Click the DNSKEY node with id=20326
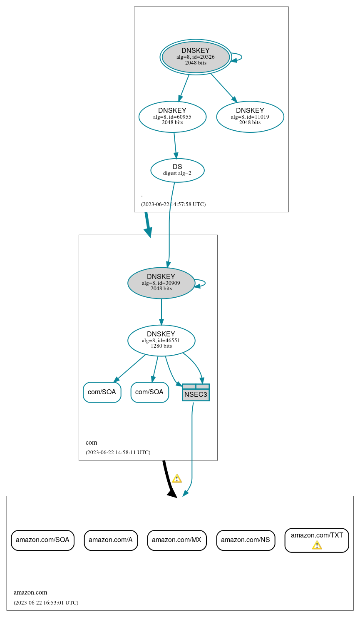pyautogui.click(x=196, y=57)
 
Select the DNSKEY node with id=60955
pyautogui.click(x=172, y=117)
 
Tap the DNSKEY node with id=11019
pyautogui.click(x=250, y=117)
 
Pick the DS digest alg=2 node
pyautogui.click(x=177, y=170)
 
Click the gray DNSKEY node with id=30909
pyautogui.click(x=161, y=283)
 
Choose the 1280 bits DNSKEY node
pyautogui.click(x=161, y=341)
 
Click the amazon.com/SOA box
pyautogui.click(x=42, y=540)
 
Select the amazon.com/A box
pyautogui.click(x=111, y=540)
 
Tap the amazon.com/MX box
pyautogui.click(x=177, y=540)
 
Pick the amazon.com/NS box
pyautogui.click(x=246, y=540)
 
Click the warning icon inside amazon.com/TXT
pyautogui.click(x=317, y=545)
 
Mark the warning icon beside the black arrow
pyautogui.click(x=177, y=478)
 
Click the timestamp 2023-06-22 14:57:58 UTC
pyautogui.click(x=173, y=204)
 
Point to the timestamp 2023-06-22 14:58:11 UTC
pyautogui.click(x=118, y=453)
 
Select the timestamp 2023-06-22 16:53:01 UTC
pyautogui.click(x=46, y=603)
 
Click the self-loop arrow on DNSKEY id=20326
pyautogui.click(x=240, y=57)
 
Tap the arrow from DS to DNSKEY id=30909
pyautogui.click(x=169, y=225)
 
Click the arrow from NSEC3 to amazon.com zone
pyautogui.click(x=192, y=450)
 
